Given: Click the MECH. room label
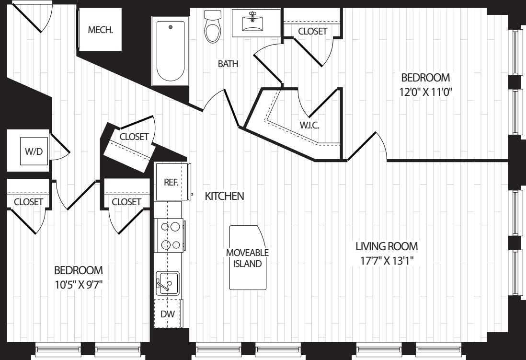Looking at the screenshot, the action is click(x=100, y=30).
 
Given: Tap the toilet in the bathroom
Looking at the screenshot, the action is click(x=213, y=26).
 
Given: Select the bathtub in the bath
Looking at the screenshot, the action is click(x=171, y=51).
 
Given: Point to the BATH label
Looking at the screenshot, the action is click(x=228, y=63).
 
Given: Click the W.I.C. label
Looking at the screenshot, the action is click(x=309, y=125).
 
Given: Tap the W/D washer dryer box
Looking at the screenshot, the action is click(x=34, y=151).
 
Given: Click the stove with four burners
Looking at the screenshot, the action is click(x=169, y=235).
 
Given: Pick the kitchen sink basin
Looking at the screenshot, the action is click(x=168, y=283).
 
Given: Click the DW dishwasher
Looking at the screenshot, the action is click(x=168, y=314).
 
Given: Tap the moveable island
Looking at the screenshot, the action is click(x=248, y=257).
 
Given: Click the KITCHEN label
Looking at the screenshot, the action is click(x=224, y=196).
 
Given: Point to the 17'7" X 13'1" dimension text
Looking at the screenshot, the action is click(x=387, y=261).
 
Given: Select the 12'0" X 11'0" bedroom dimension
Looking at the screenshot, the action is click(x=426, y=92).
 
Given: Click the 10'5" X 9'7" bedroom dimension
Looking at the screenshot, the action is click(x=79, y=285).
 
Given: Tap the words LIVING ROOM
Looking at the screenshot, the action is click(x=387, y=246).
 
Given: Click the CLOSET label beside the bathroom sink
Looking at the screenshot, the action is click(x=313, y=31).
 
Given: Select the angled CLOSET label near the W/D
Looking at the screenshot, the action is click(x=134, y=137).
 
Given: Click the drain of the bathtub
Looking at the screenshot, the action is click(x=170, y=27).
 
